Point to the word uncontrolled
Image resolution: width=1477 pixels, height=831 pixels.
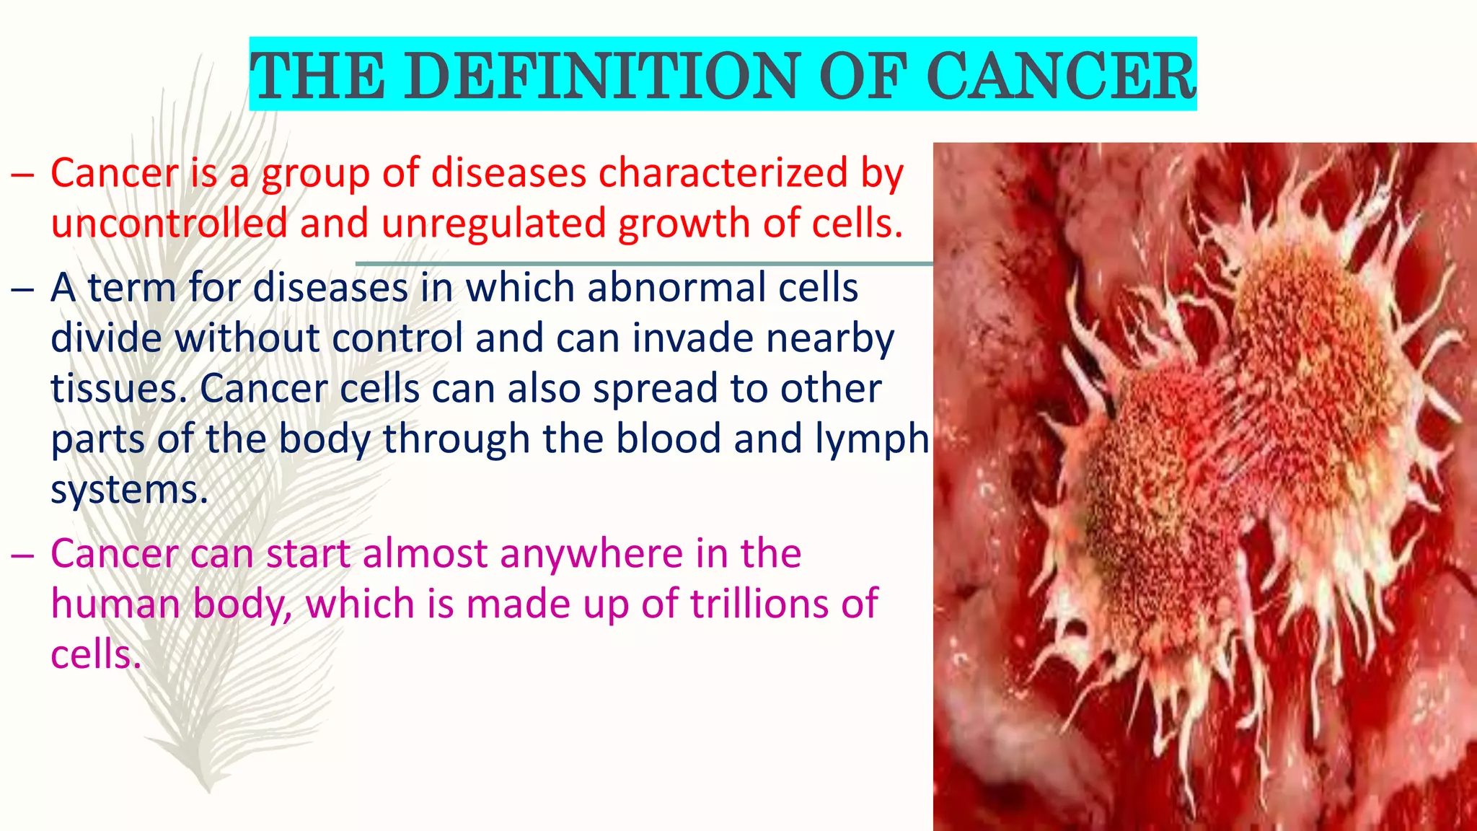(169, 223)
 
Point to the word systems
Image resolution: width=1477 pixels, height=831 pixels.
(129, 491)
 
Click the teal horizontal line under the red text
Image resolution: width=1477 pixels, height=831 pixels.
(645, 264)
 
